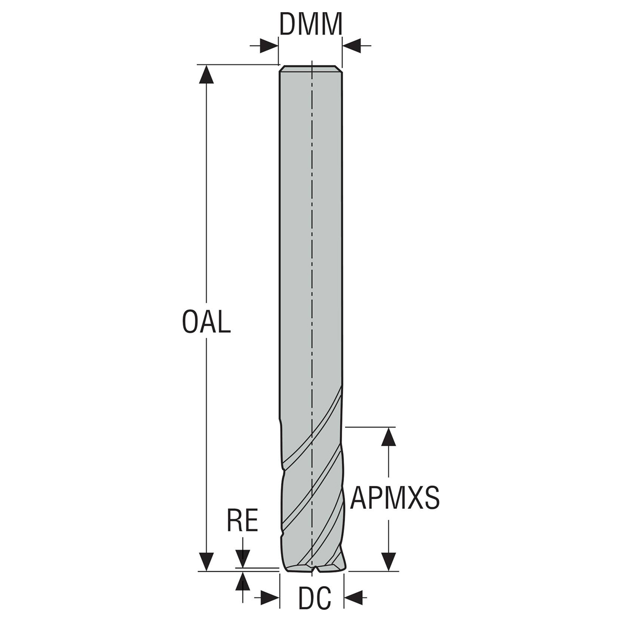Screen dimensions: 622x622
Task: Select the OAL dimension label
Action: point(206,322)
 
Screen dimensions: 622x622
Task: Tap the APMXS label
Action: point(395,498)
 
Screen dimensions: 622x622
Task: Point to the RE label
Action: point(242,520)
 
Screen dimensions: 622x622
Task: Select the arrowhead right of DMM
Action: point(352,46)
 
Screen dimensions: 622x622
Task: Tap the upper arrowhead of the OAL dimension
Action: point(207,74)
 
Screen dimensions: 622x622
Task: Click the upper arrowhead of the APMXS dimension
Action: point(388,437)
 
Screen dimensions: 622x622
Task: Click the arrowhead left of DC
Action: point(270,598)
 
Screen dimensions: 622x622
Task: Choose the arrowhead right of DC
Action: point(354,598)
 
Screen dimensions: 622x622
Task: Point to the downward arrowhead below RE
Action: point(242,558)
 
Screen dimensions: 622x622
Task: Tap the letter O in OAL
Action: point(190,322)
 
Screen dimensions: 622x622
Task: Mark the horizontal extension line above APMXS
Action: point(369,427)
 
